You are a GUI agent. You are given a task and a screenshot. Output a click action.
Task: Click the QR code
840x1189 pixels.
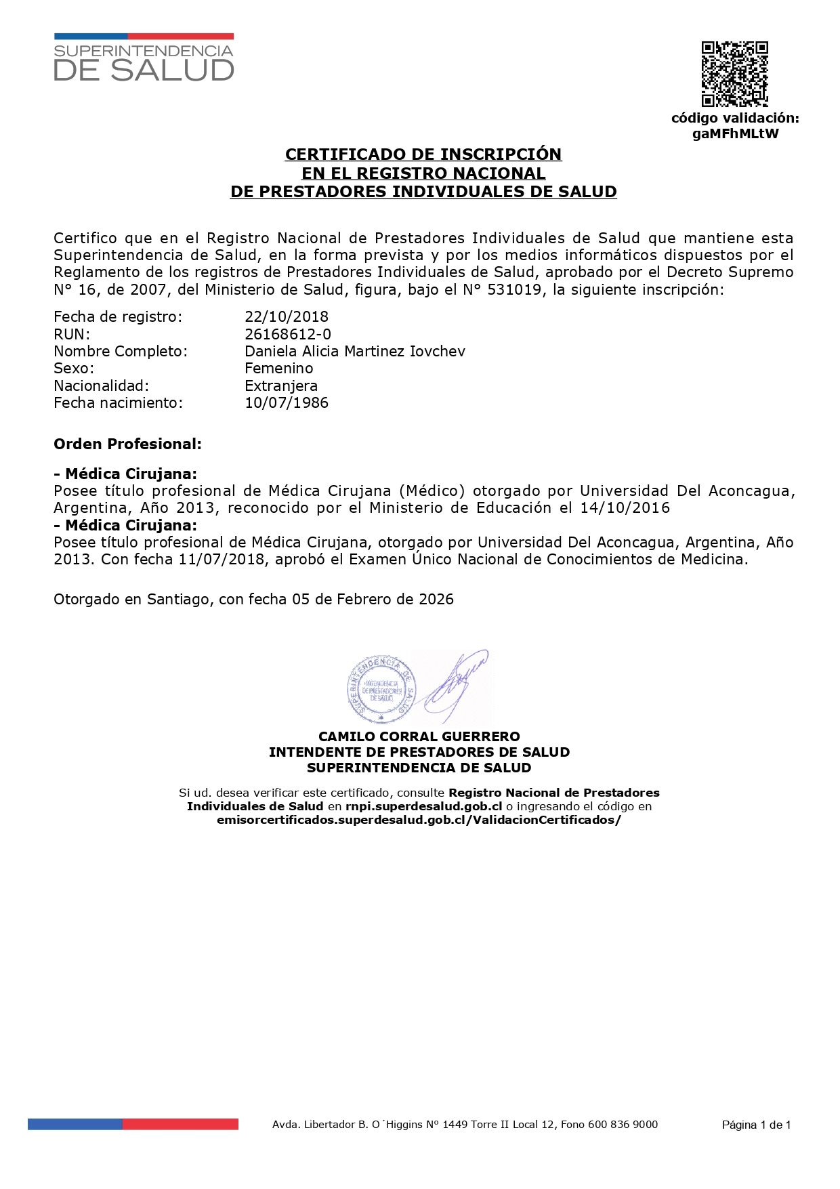pyautogui.click(x=734, y=74)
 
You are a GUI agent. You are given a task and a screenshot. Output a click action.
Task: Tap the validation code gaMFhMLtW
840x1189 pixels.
pyautogui.click(x=735, y=133)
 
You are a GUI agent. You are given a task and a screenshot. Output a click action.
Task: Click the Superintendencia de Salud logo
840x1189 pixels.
pyautogui.click(x=144, y=58)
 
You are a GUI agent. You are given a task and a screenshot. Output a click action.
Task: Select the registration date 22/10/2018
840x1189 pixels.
pyautogui.click(x=287, y=316)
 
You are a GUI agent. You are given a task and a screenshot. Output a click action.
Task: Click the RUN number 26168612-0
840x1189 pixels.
pyautogui.click(x=288, y=334)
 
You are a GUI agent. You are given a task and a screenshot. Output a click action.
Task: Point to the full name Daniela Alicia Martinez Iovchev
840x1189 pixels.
pyautogui.click(x=354, y=351)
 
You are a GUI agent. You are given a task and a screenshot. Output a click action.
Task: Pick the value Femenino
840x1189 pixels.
pyautogui.click(x=278, y=368)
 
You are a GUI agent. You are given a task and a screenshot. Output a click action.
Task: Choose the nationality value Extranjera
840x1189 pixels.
pyautogui.click(x=281, y=385)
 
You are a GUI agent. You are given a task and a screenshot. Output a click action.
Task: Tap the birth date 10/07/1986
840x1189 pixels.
pyautogui.click(x=287, y=402)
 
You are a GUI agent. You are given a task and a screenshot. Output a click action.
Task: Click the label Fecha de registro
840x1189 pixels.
pyautogui.click(x=118, y=316)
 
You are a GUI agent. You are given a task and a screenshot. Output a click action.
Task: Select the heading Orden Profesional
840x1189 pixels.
pyautogui.click(x=127, y=444)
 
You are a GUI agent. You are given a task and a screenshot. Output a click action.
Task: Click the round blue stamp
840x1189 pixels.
pyautogui.click(x=381, y=688)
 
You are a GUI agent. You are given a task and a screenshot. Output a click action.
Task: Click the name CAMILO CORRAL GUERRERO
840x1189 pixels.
pyautogui.click(x=419, y=736)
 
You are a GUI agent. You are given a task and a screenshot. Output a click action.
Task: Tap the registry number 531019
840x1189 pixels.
pyautogui.click(x=514, y=290)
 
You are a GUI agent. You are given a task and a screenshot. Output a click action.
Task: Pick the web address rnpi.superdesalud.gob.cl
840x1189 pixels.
pyautogui.click(x=423, y=806)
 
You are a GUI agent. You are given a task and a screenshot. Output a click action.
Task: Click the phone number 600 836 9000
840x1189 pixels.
pyautogui.click(x=623, y=1125)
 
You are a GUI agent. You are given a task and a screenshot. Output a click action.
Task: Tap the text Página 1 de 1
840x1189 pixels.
pyautogui.click(x=756, y=1125)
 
